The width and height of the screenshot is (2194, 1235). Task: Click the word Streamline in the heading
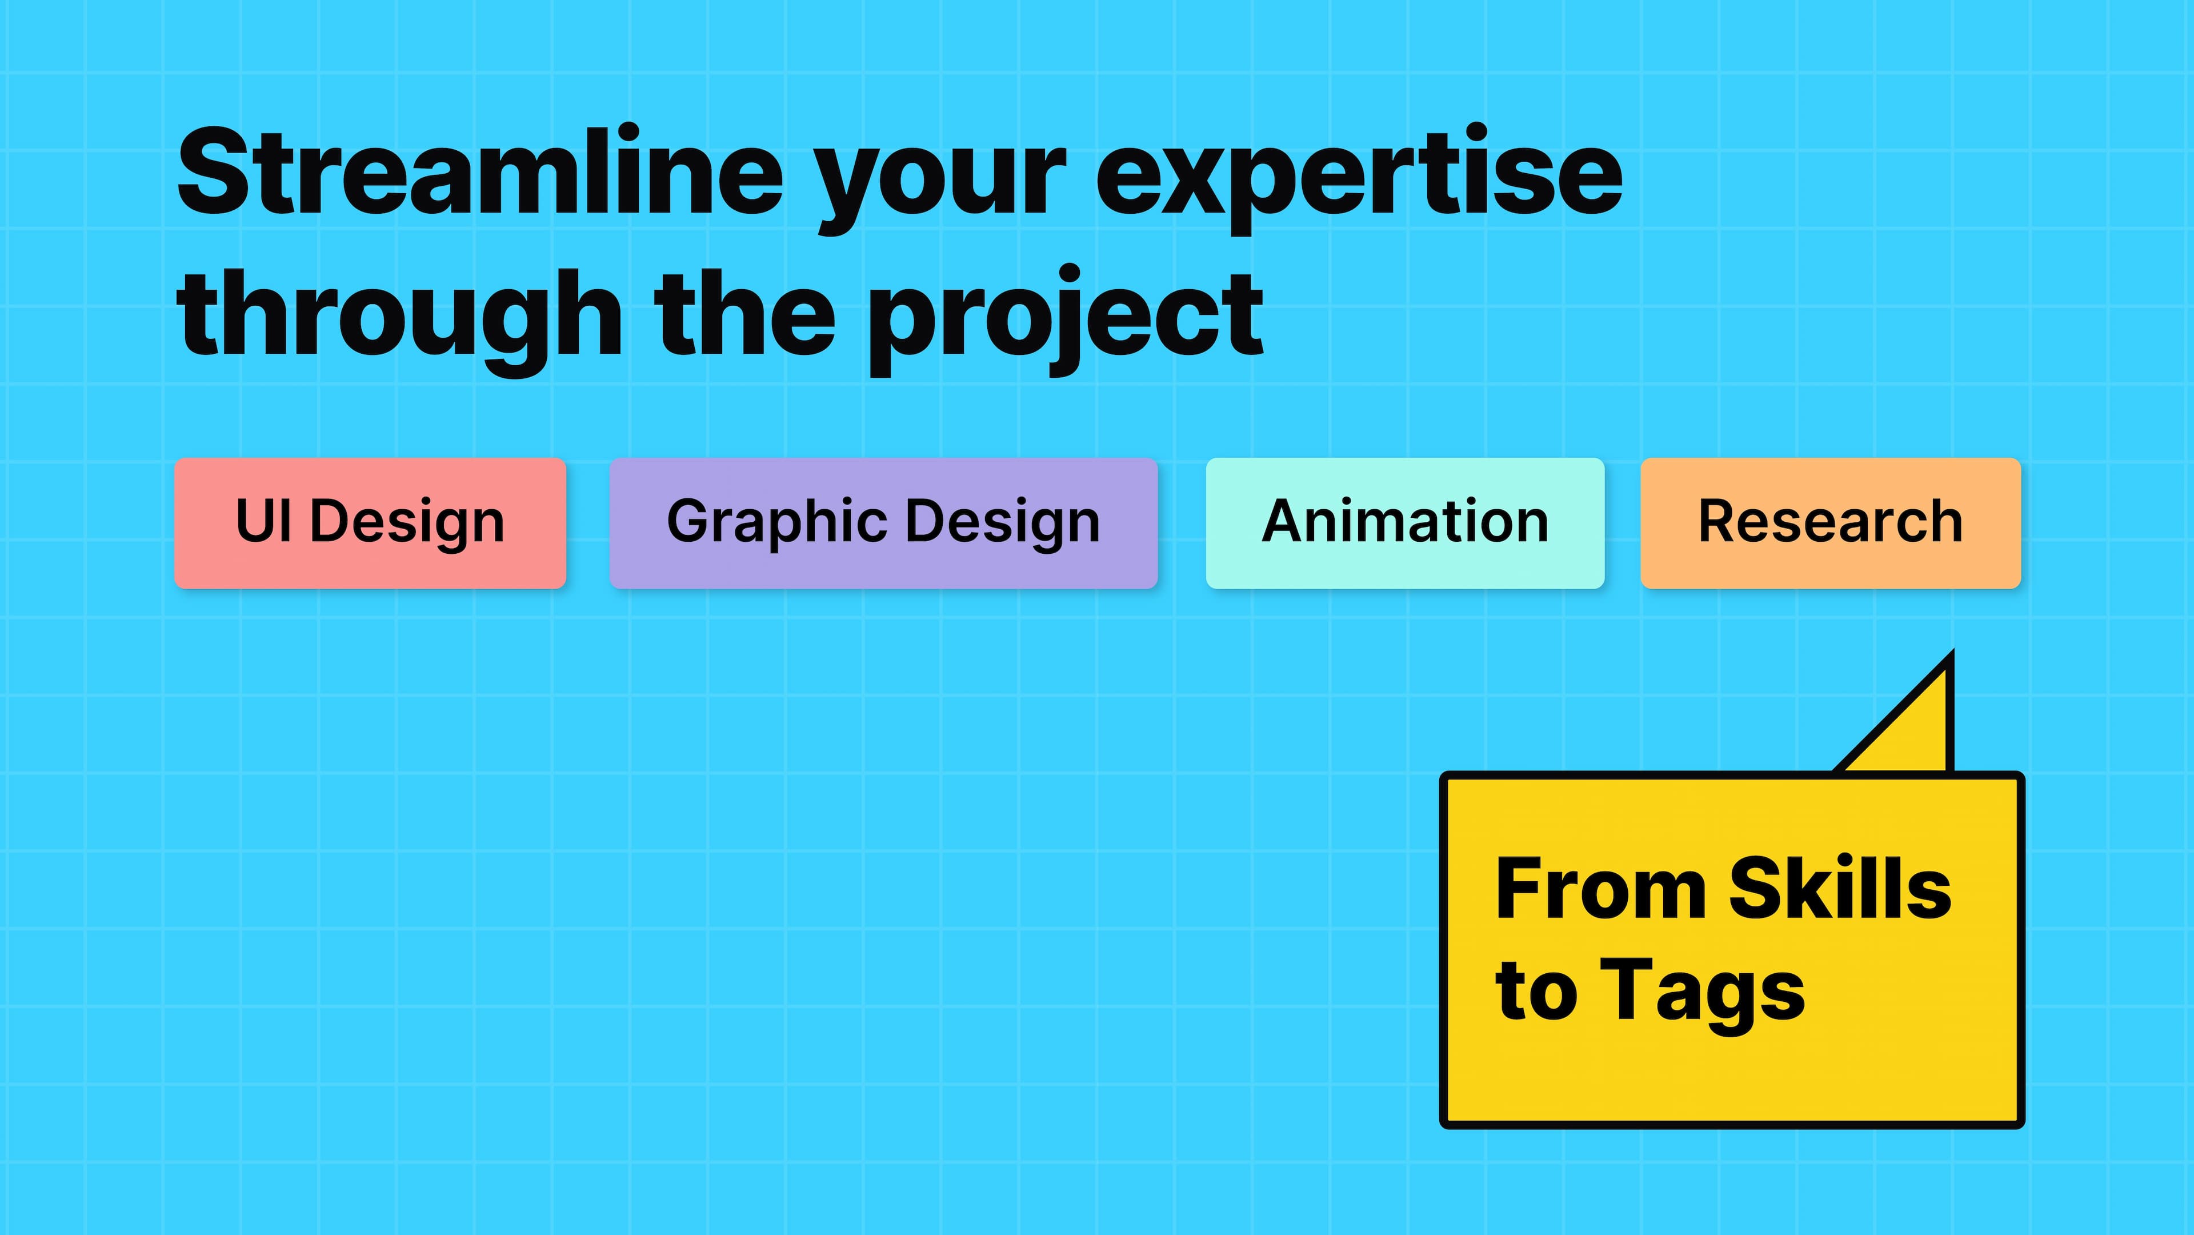pyautogui.click(x=479, y=173)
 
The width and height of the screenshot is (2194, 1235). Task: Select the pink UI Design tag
pyautogui.click(x=370, y=523)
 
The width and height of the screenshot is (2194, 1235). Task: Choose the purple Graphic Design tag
pyautogui.click(x=883, y=523)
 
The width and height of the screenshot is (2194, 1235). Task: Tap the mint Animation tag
pyautogui.click(x=1404, y=523)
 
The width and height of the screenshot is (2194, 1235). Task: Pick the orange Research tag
pyautogui.click(x=1830, y=523)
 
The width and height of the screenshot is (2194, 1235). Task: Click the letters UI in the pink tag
pyautogui.click(x=262, y=521)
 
